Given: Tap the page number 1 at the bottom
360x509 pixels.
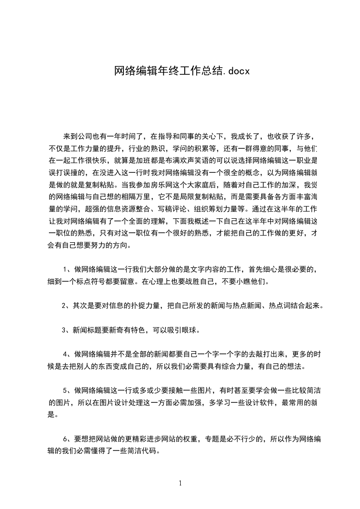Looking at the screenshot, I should [180, 483].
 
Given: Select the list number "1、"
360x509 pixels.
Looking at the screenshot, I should [67, 269].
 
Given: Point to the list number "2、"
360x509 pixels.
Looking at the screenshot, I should [66, 305].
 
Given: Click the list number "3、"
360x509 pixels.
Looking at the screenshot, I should [66, 330].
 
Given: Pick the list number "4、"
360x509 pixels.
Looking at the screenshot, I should [67, 354].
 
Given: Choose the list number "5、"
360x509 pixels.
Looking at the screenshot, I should [67, 390].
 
